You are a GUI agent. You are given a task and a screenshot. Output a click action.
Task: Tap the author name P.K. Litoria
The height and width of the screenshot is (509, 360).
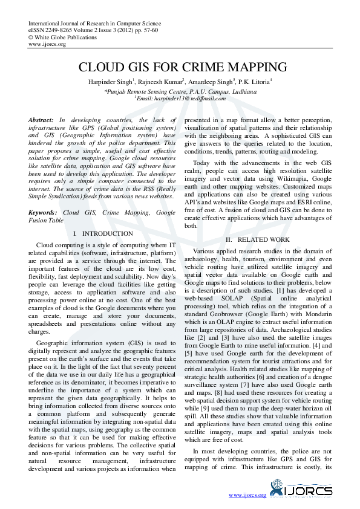(x=254, y=80)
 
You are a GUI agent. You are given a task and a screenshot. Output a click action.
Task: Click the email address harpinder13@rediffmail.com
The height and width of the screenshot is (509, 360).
(x=185, y=98)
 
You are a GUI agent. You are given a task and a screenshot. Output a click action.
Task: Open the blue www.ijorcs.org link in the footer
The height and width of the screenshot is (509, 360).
(x=247, y=495)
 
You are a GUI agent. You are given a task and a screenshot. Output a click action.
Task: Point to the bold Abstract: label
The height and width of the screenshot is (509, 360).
(x=41, y=120)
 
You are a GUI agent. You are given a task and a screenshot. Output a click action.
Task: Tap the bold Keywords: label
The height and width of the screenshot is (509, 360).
(x=43, y=213)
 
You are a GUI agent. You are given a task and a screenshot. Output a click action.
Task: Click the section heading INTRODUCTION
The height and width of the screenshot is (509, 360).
(x=107, y=233)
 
